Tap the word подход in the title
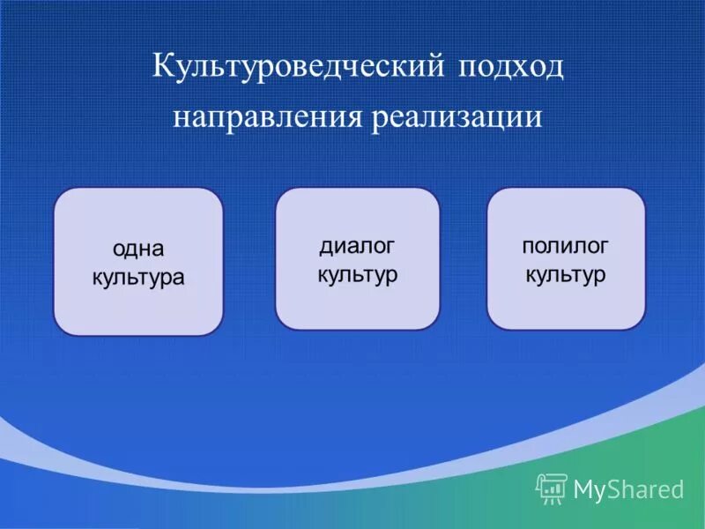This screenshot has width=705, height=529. click(511, 69)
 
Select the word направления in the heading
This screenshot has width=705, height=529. click(268, 117)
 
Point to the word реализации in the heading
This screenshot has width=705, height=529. click(457, 118)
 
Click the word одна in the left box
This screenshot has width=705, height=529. click(138, 249)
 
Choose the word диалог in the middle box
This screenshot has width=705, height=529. click(357, 246)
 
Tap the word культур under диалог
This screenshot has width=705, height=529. click(358, 275)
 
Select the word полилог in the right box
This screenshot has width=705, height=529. click(565, 246)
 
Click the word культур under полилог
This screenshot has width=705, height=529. click(566, 275)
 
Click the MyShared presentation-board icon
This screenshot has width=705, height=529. click(552, 489)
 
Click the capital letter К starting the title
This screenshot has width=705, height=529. click(163, 65)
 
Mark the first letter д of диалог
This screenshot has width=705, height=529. click(326, 248)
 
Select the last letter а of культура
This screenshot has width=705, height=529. click(178, 278)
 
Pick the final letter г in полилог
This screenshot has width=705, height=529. click(603, 247)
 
